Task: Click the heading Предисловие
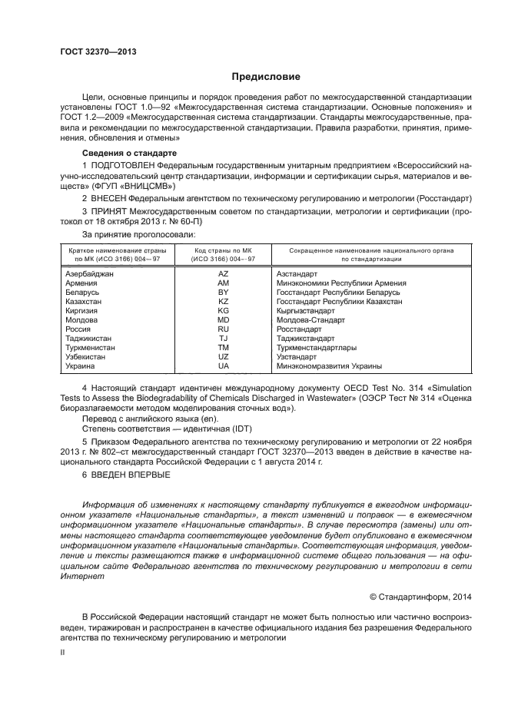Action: click(x=266, y=77)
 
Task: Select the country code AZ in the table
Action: click(x=223, y=274)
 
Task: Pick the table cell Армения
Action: click(x=81, y=283)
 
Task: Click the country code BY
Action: click(x=223, y=293)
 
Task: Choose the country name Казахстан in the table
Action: click(x=85, y=302)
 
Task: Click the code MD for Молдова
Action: click(x=223, y=320)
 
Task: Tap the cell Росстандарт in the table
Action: click(x=300, y=329)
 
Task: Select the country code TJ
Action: click(x=223, y=339)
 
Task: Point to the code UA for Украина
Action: click(x=223, y=366)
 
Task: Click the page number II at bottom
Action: click(x=64, y=651)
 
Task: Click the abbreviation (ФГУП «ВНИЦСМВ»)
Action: click(x=137, y=186)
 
